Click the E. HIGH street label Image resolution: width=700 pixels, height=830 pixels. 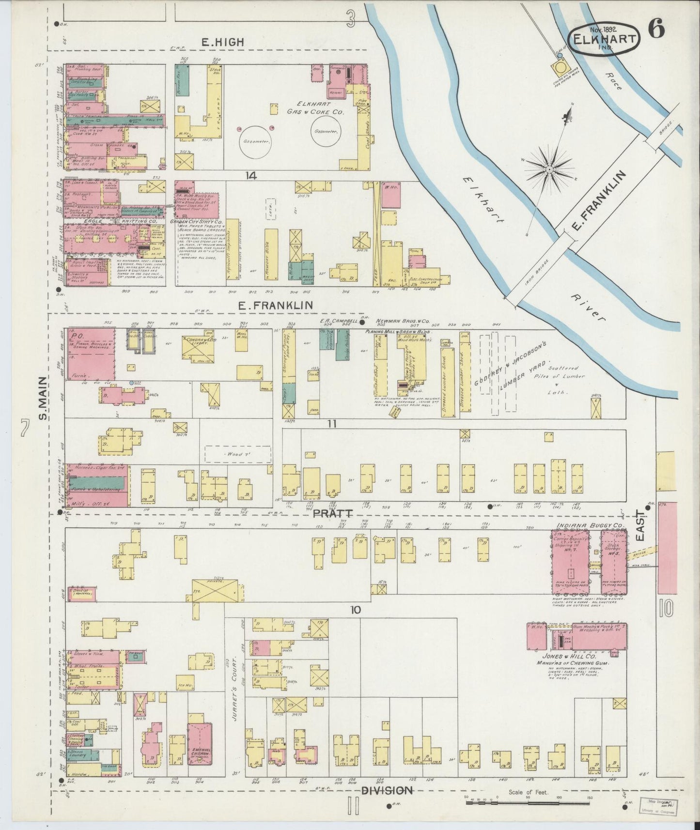point(222,43)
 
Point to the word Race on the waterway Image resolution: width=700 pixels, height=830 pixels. point(616,81)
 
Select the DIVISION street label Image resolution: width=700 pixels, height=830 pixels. point(387,790)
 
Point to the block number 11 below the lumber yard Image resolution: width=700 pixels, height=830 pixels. point(331,423)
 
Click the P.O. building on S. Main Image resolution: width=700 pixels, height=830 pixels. point(90,354)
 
